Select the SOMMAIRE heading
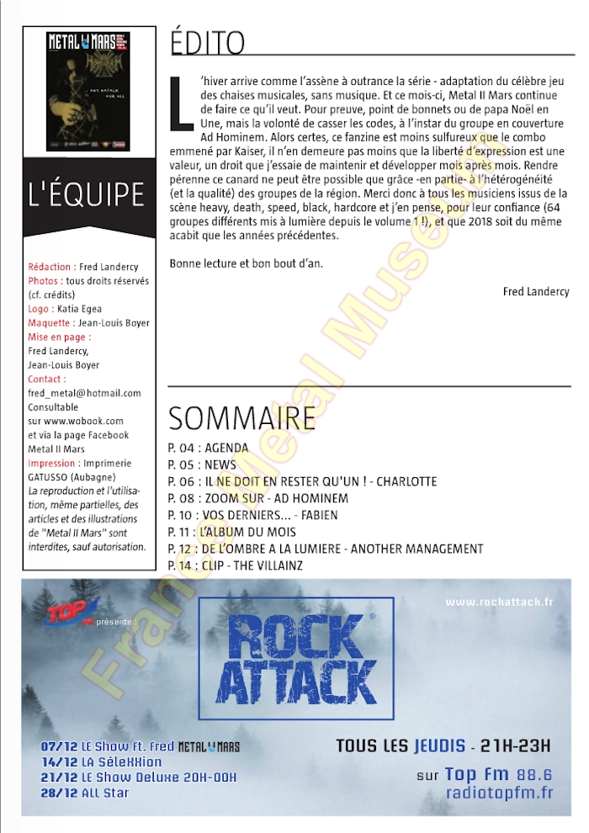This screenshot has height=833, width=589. (x=242, y=417)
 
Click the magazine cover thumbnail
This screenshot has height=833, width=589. (x=88, y=90)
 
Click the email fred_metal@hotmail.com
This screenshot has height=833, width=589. (x=84, y=392)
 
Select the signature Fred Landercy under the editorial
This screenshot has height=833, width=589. (x=535, y=292)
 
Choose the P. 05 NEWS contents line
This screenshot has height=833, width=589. (x=203, y=465)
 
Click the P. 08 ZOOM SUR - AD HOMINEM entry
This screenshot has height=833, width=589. (x=258, y=498)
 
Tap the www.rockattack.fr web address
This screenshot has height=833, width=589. (x=499, y=602)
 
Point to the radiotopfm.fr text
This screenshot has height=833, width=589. (x=499, y=793)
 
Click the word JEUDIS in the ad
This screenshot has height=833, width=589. (x=439, y=746)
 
